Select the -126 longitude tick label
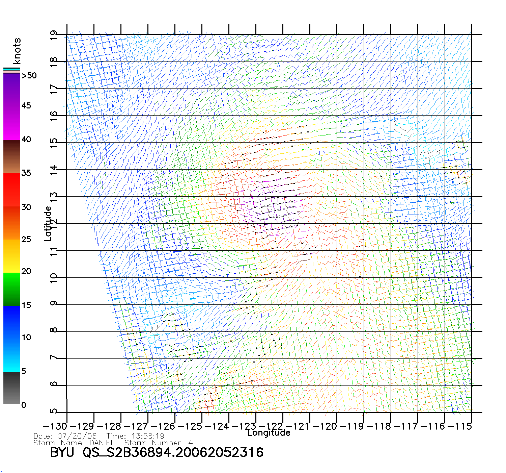(164, 426)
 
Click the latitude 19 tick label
(54, 35)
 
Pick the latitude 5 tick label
(54, 411)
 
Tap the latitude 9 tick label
(54, 303)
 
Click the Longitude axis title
(269, 433)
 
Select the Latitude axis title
(48, 224)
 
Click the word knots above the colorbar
(17, 51)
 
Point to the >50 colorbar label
(29, 76)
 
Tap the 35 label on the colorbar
(26, 173)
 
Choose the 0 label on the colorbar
(23, 405)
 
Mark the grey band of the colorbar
(11, 389)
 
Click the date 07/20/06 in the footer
(77, 436)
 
